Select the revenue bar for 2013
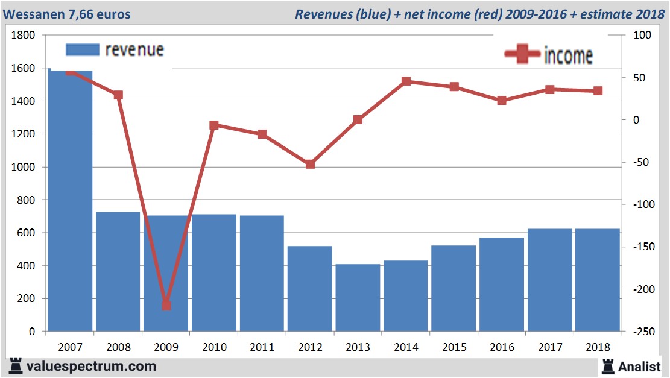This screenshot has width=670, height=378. click(358, 298)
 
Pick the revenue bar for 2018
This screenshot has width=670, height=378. click(598, 280)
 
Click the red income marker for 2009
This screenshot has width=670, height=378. click(166, 306)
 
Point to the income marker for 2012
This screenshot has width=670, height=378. click(310, 164)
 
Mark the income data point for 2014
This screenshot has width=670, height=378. click(406, 81)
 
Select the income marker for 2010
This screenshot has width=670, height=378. click(214, 125)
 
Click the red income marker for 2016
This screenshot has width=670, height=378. click(502, 101)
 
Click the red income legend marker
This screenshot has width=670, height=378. click(523, 54)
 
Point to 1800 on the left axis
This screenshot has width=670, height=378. click(24, 36)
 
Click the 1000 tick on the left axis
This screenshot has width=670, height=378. click(24, 167)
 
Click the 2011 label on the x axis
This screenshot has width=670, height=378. click(262, 347)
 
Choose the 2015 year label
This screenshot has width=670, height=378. click(454, 347)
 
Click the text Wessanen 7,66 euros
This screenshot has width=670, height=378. click(66, 14)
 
